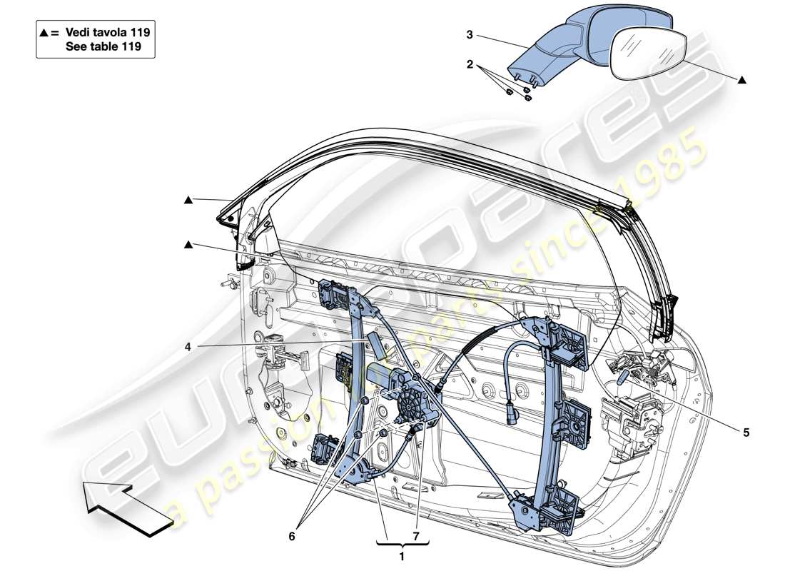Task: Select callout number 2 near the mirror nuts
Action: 470,64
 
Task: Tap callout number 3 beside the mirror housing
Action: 470,34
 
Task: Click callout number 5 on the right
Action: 746,431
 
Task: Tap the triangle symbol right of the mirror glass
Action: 742,80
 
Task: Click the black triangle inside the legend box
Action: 45,33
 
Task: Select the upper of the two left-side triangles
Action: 188,201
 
